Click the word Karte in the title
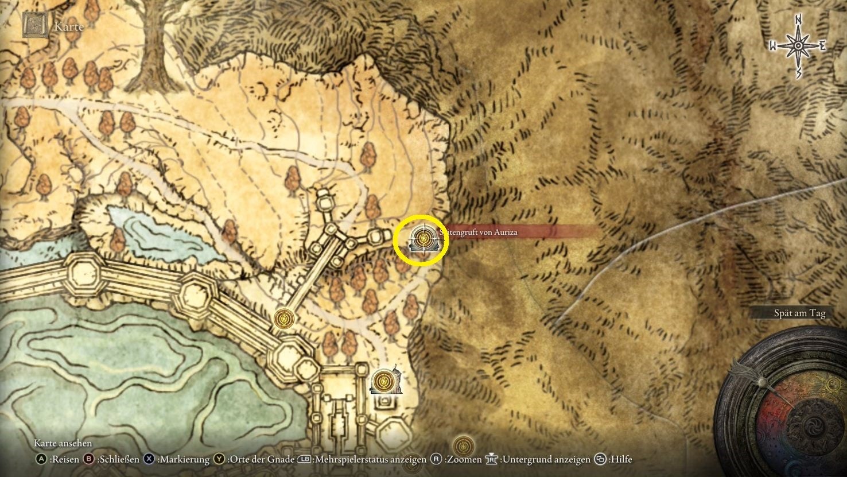[x=68, y=26]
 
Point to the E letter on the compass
[x=822, y=46]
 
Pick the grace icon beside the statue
[x=382, y=379]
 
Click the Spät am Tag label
[x=799, y=313]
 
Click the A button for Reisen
[x=41, y=459]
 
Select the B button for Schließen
[x=89, y=459]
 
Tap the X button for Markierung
[x=150, y=459]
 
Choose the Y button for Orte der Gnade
[x=219, y=459]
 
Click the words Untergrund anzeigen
[x=546, y=459]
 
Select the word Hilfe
[x=620, y=459]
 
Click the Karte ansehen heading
[x=63, y=443]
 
